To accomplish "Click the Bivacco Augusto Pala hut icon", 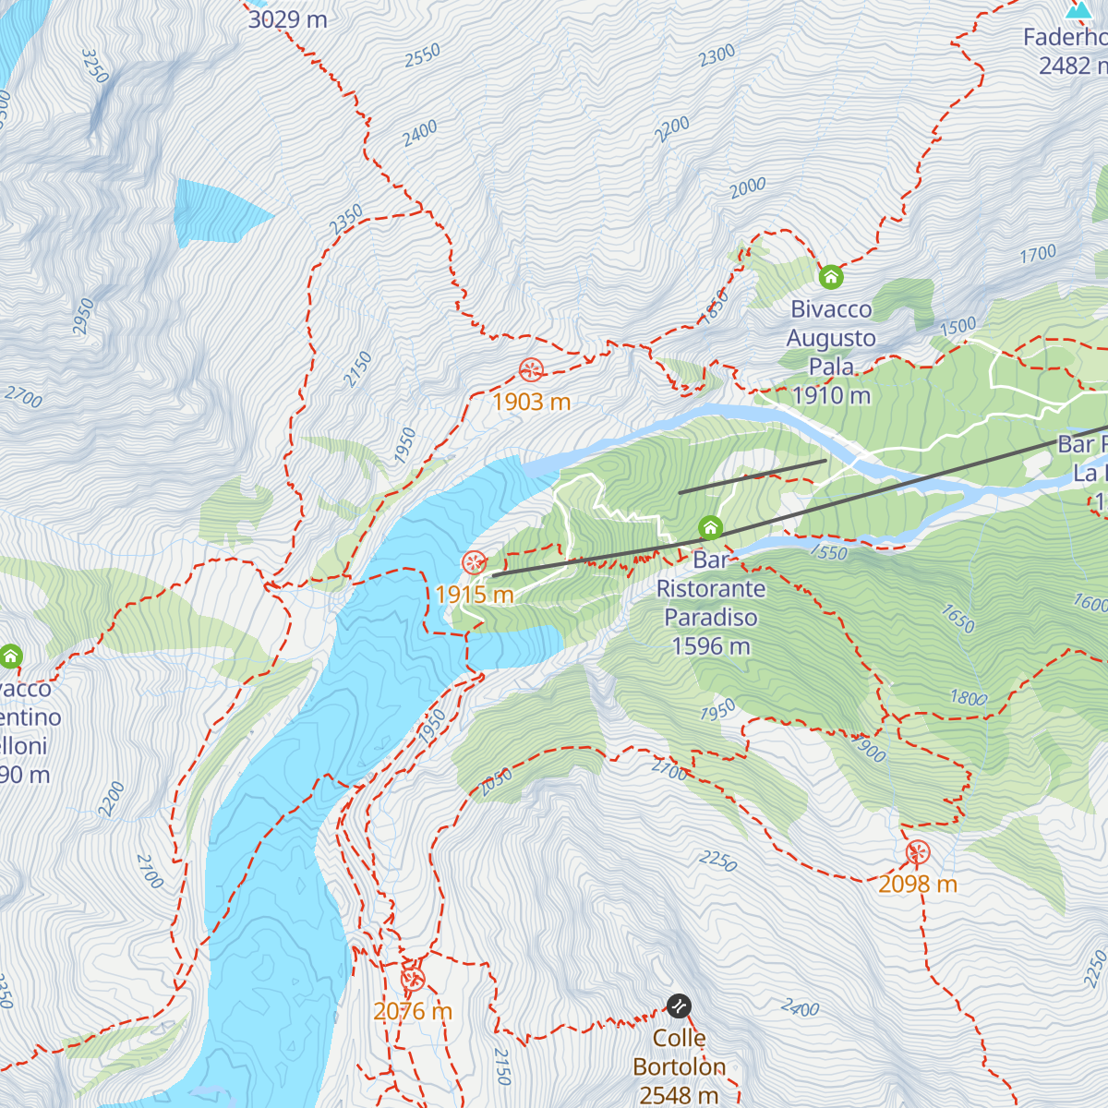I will point(831,276).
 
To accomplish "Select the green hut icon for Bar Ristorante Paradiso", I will point(710,528).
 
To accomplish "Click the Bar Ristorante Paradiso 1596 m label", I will point(710,603).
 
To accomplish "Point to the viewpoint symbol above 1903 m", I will point(531,370).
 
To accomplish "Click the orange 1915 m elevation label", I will point(475,595).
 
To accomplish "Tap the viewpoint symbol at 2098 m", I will point(918,852).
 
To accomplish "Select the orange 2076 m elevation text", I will point(413,1011).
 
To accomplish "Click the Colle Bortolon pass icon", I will point(679,1006).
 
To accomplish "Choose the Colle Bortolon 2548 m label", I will point(679,1066).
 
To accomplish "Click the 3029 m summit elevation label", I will point(287,18).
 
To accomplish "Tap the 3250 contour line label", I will point(95,66).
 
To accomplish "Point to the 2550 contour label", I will point(422,56).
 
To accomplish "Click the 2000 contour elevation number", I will point(748,187).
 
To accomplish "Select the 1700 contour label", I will point(1037,254).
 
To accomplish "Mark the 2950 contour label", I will point(84,316).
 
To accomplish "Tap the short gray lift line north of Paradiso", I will point(753,476).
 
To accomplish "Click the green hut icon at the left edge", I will point(11,656).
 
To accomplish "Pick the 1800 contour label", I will point(969,698).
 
